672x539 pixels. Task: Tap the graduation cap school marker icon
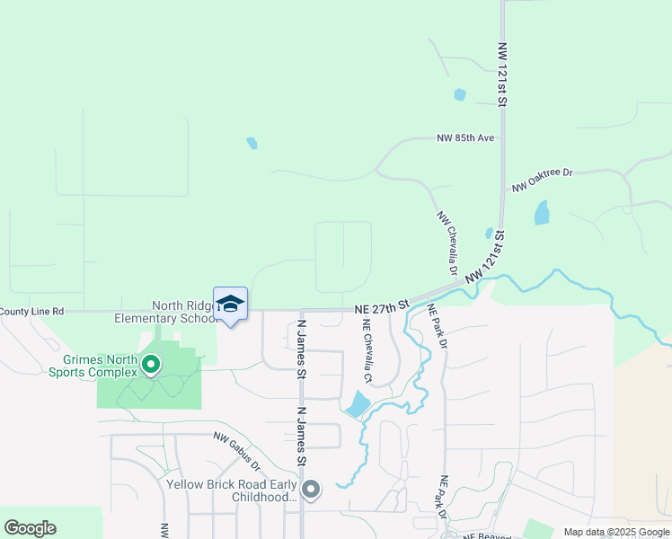tap(230, 304)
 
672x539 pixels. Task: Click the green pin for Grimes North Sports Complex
tap(151, 365)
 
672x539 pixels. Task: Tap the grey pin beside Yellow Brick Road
tap(311, 490)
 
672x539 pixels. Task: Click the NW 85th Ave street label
tap(465, 138)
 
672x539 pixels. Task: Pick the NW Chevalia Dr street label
tap(447, 243)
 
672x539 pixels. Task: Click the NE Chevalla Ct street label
tap(367, 356)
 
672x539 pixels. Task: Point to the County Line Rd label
tap(32, 312)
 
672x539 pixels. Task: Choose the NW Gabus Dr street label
tap(236, 454)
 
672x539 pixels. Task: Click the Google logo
tap(30, 528)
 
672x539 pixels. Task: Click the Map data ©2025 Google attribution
tap(615, 532)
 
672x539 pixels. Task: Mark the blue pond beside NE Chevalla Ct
tap(357, 404)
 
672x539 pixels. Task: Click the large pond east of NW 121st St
tap(541, 213)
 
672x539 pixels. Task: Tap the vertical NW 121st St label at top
tap(503, 74)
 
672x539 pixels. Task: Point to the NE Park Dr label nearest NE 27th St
tap(438, 324)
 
